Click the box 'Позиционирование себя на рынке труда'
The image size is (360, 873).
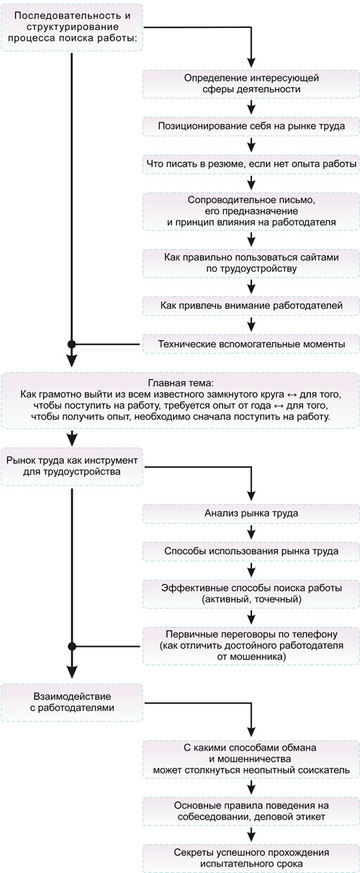(x=251, y=126)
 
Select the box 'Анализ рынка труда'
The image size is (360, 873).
(x=251, y=514)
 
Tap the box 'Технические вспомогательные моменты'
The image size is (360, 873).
(x=251, y=344)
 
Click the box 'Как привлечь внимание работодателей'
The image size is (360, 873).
(x=251, y=305)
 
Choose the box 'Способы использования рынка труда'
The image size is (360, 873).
(x=251, y=551)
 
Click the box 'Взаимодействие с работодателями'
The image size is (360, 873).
(x=72, y=702)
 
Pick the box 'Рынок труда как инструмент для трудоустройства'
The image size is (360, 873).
(x=72, y=466)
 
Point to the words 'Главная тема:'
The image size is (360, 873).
(x=181, y=383)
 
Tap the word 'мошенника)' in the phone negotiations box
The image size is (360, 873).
(x=251, y=657)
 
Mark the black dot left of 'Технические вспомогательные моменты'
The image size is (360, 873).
(x=72, y=344)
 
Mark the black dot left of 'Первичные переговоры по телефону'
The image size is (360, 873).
(x=72, y=646)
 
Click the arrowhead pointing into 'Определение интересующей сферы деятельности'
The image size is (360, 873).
(x=251, y=63)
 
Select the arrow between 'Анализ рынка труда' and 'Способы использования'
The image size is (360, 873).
(x=251, y=532)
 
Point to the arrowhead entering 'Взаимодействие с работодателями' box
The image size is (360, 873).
(x=72, y=672)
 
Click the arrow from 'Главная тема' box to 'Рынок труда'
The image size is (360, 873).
(x=72, y=438)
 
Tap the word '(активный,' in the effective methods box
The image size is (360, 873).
(x=226, y=599)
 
